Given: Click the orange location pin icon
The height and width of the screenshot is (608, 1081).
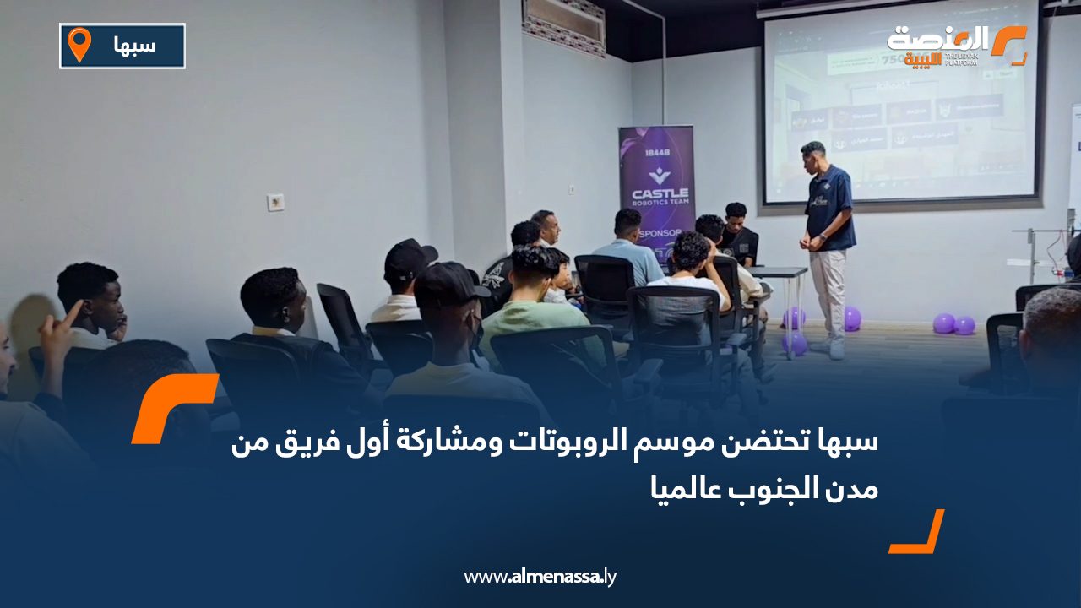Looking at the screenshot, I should coord(79,44).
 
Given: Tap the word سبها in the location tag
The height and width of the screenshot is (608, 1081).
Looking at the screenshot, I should coord(134,46).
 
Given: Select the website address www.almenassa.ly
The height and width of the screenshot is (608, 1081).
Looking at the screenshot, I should coord(540,577).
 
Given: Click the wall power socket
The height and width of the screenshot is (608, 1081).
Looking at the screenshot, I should coord(275,202).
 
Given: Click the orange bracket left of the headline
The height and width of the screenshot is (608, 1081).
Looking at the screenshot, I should coord(173,407).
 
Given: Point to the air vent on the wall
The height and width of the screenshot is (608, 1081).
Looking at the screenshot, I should coord(563,25).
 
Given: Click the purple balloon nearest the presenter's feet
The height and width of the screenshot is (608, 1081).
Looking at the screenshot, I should coord(852,318).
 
